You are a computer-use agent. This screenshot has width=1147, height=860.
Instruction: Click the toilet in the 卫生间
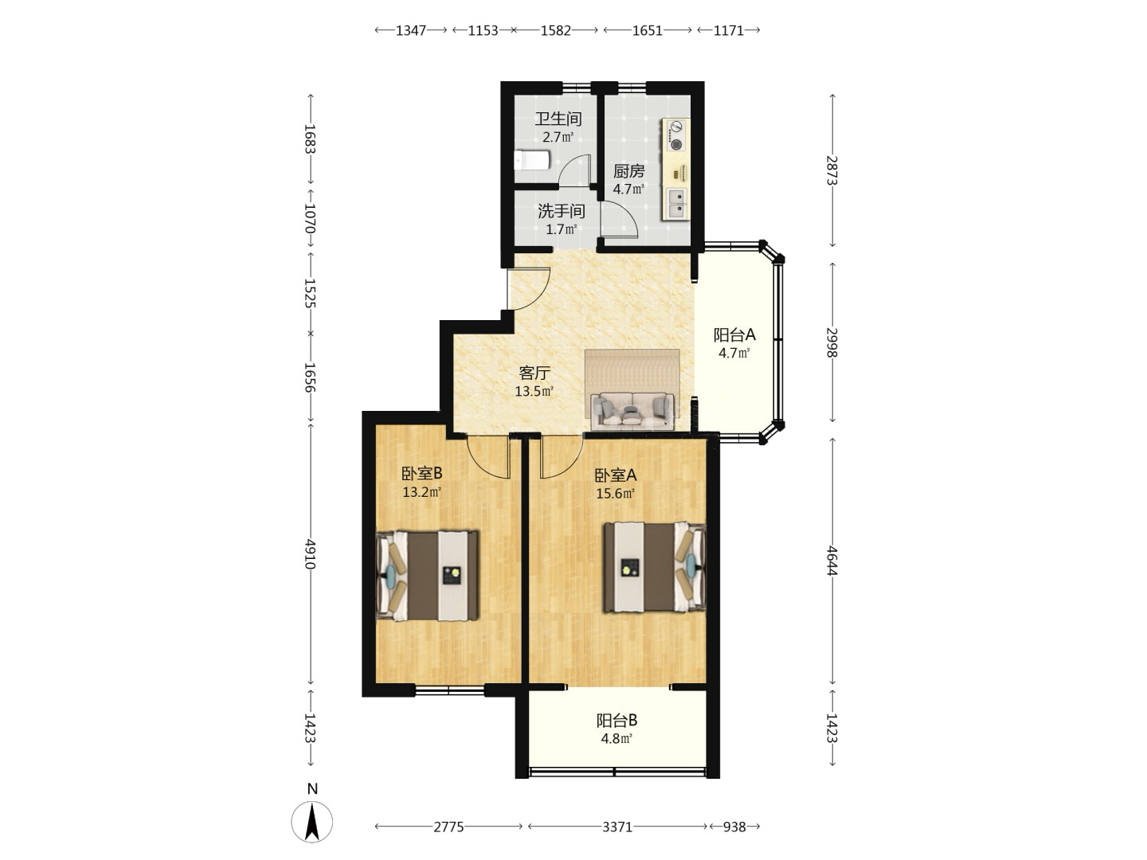[532, 160]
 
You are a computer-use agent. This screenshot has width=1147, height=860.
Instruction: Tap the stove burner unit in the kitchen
[677, 135]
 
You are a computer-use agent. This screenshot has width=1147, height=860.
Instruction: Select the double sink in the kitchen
[677, 203]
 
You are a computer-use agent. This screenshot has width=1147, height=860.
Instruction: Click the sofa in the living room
[632, 410]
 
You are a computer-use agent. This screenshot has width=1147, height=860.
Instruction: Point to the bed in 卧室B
[428, 576]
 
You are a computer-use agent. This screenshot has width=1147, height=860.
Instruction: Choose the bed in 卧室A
[655, 566]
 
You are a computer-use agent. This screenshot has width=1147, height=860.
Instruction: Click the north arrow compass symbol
[312, 821]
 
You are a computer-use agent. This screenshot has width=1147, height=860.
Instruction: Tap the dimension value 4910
[311, 554]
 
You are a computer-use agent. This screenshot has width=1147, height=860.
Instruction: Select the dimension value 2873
[832, 170]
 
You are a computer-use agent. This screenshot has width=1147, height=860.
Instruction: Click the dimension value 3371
[617, 827]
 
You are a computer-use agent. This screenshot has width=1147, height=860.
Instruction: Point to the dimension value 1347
[411, 30]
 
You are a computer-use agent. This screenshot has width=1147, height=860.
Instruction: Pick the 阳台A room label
[734, 334]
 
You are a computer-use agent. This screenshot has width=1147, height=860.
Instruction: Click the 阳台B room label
[617, 721]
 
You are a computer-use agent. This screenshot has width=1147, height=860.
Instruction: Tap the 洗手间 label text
[562, 211]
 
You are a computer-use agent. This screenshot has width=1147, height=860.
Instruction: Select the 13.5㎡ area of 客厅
[534, 391]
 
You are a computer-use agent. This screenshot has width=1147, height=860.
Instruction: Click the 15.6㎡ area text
[616, 493]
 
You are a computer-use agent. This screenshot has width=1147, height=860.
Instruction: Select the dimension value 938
[734, 827]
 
